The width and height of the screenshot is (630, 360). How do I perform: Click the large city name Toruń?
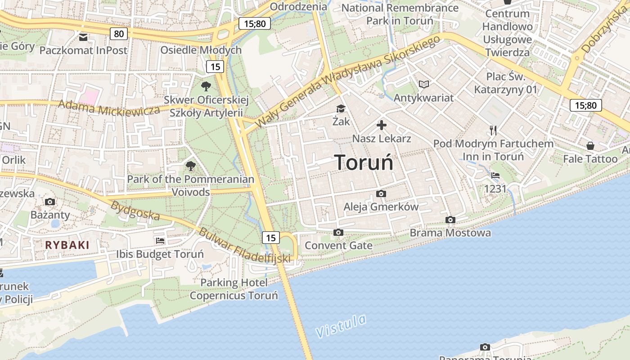(x=364, y=162)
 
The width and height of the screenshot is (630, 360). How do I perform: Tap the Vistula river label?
(x=341, y=326)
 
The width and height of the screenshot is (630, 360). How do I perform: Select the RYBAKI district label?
(x=67, y=245)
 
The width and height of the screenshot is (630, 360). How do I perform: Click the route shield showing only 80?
(x=119, y=33)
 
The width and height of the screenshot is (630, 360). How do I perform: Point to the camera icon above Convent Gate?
(x=338, y=232)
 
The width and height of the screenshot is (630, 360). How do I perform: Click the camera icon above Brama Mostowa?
(x=450, y=220)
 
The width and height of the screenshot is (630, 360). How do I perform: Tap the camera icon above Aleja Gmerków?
(x=381, y=193)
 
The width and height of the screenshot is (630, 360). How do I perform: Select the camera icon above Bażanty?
(x=50, y=202)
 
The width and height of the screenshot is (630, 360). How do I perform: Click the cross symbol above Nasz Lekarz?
(x=382, y=125)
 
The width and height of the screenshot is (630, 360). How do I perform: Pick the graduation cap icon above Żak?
(x=341, y=108)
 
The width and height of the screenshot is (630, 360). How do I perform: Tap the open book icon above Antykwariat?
(x=424, y=84)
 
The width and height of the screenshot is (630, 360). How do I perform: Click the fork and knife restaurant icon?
(x=493, y=130)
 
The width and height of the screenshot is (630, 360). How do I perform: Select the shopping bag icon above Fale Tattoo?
(x=590, y=146)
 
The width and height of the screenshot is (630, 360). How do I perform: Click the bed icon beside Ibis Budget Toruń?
(x=160, y=240)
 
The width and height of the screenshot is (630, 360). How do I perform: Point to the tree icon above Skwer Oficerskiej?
(x=206, y=86)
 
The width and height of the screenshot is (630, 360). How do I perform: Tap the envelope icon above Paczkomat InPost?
(x=83, y=37)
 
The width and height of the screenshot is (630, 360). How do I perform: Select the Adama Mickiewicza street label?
(x=109, y=108)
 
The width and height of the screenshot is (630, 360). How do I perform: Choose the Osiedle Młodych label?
(x=201, y=49)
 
